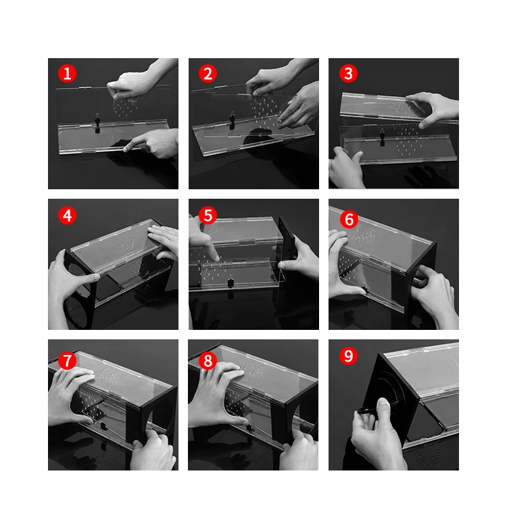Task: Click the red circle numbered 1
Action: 67,74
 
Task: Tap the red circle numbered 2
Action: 208,74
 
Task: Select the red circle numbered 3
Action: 348,74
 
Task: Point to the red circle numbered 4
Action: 67,215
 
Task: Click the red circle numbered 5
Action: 208,215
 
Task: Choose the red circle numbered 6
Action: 349,219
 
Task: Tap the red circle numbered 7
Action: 67,360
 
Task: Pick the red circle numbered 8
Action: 208,360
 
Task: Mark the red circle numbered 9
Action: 348,356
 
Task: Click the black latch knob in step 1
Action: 97,120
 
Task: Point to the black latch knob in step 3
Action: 382,135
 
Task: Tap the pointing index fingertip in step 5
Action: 216,258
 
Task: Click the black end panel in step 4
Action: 78,289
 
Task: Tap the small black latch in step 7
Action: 103,426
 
